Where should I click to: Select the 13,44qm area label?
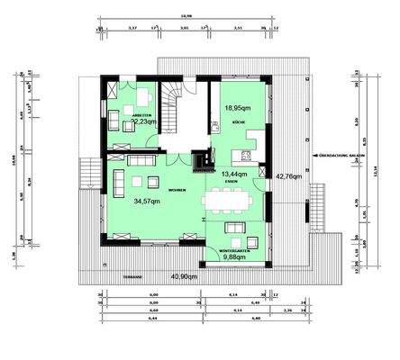click(x=234, y=174)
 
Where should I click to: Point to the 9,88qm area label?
click(x=235, y=256)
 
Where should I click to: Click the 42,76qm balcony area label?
click(x=288, y=176)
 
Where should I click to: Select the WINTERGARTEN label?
click(x=235, y=249)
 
